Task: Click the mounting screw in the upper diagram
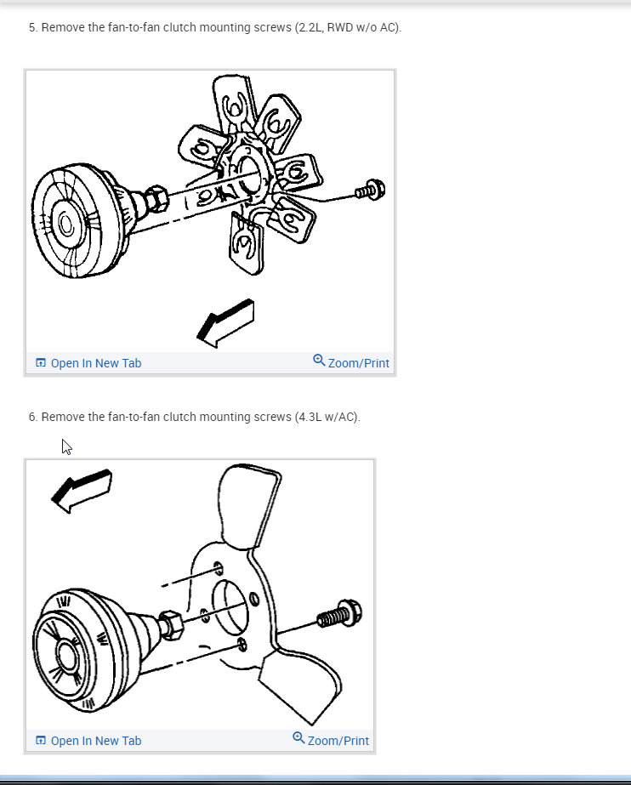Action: tap(370, 191)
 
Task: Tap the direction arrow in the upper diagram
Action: tap(225, 323)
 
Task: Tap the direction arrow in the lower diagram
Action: tap(82, 491)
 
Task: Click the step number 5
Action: tap(32, 28)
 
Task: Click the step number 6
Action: tap(32, 417)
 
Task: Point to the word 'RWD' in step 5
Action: tap(341, 28)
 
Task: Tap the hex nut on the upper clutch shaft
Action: tap(156, 201)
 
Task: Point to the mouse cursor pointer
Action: tap(66, 447)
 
